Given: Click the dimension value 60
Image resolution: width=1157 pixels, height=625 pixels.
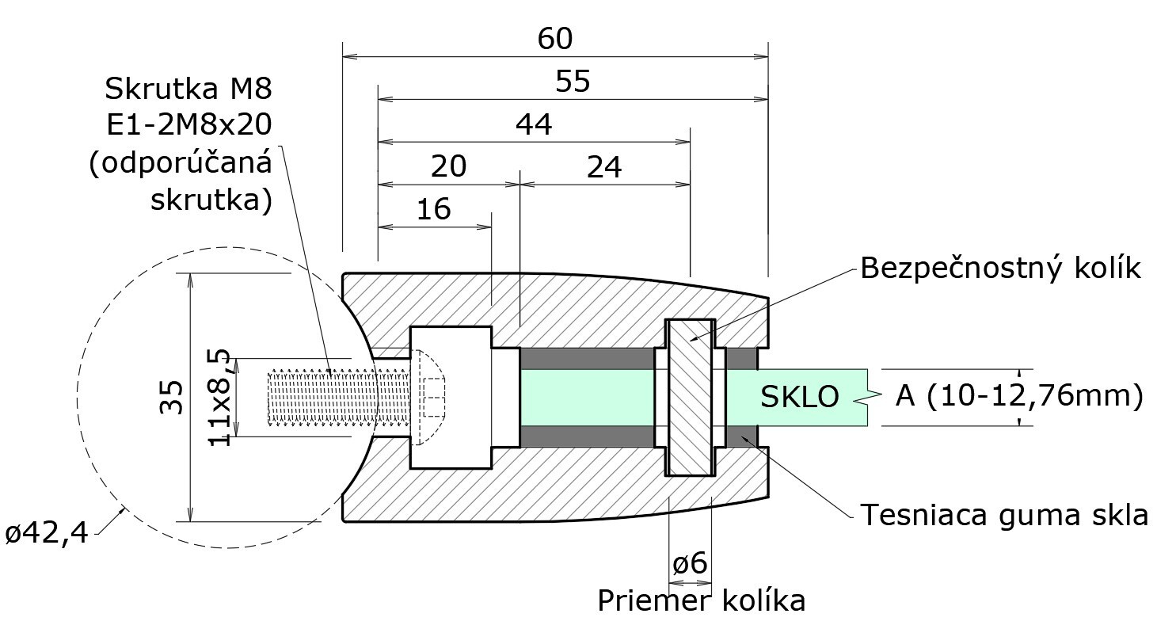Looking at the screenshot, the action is pyautogui.click(x=555, y=39).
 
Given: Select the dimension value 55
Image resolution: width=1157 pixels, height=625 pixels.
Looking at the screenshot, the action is pyautogui.click(x=573, y=82).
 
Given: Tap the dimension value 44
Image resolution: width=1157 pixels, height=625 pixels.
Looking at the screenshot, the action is pyautogui.click(x=534, y=124).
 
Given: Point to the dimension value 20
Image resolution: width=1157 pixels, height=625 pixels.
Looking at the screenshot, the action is pyautogui.click(x=448, y=166).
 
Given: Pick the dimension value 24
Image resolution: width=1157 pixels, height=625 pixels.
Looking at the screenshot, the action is pyautogui.click(x=604, y=167).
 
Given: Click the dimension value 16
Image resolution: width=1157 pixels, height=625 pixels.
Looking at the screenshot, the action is pyautogui.click(x=434, y=209).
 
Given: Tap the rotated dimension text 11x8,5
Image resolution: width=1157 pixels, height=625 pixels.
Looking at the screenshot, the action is pyautogui.click(x=219, y=397).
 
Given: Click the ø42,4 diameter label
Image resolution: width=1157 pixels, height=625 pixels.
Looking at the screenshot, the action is pyautogui.click(x=47, y=533).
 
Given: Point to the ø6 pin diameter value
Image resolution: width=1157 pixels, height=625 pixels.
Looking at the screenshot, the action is pyautogui.click(x=690, y=563).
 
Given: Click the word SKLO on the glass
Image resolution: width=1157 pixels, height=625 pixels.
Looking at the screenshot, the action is pyautogui.click(x=800, y=397).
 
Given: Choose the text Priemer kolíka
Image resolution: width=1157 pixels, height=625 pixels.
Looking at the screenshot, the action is pyautogui.click(x=702, y=600).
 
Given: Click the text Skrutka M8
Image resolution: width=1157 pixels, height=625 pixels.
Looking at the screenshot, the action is pyautogui.click(x=188, y=89).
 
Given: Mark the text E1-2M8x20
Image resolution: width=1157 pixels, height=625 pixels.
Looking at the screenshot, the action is pyautogui.click(x=189, y=125).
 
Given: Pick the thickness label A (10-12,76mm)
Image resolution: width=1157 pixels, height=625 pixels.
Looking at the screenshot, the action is pyautogui.click(x=1019, y=396).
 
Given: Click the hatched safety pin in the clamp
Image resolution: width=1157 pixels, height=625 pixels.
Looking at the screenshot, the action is pyautogui.click(x=690, y=397).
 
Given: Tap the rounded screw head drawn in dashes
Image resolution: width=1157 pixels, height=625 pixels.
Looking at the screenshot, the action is pyautogui.click(x=428, y=397).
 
